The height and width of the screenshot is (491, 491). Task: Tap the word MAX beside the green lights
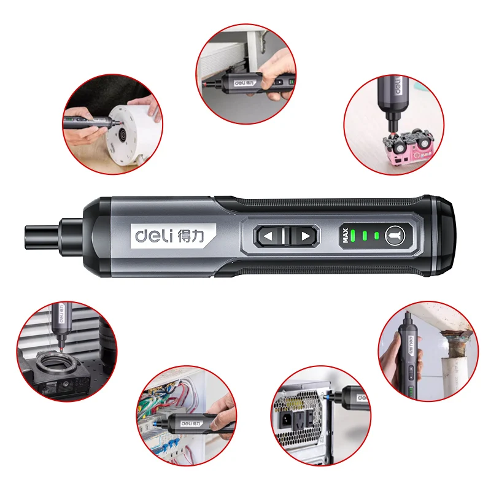point(346,234)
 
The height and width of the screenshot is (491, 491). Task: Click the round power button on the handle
point(395,234)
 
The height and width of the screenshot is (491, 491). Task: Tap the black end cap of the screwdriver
point(443,234)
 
